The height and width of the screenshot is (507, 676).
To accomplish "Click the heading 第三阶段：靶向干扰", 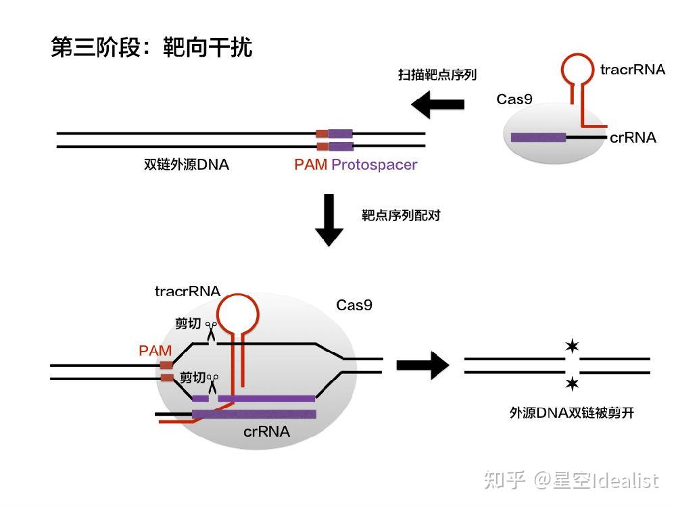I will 151,47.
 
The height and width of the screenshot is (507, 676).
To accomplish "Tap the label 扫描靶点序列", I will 437,74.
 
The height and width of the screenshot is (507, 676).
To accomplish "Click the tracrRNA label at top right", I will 632,70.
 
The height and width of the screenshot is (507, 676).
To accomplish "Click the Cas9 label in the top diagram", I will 514,99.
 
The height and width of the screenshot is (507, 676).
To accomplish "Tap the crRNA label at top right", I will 633,138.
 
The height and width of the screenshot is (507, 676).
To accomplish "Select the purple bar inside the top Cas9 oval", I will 538,137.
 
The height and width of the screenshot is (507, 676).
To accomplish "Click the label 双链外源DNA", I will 186,164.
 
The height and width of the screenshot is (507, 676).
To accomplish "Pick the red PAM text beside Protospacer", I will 310,164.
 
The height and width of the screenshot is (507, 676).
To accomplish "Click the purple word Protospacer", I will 375,164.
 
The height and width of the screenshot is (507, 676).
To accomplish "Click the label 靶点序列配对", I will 401,216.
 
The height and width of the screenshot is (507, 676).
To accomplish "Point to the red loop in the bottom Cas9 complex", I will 240,313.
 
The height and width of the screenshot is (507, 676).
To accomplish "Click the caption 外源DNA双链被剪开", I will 571,413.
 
